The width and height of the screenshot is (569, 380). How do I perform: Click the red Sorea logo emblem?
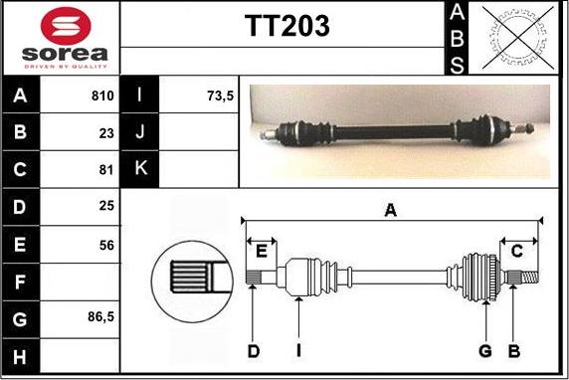pos(66,26)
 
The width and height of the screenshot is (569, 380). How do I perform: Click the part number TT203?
pos(287,26)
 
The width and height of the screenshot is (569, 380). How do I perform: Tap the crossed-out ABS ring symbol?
pos(518,38)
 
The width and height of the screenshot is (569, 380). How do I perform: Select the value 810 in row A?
pos(102,95)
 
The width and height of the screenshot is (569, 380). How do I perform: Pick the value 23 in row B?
pos(106,133)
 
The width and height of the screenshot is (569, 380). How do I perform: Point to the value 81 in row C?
pos(106,169)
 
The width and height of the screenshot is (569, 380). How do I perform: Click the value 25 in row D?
pos(106,206)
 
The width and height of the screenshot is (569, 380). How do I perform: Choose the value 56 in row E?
pos(106,245)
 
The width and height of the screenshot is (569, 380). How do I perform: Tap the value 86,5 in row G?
pos(100,317)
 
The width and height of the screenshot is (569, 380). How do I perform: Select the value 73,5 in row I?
pos(220,95)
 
